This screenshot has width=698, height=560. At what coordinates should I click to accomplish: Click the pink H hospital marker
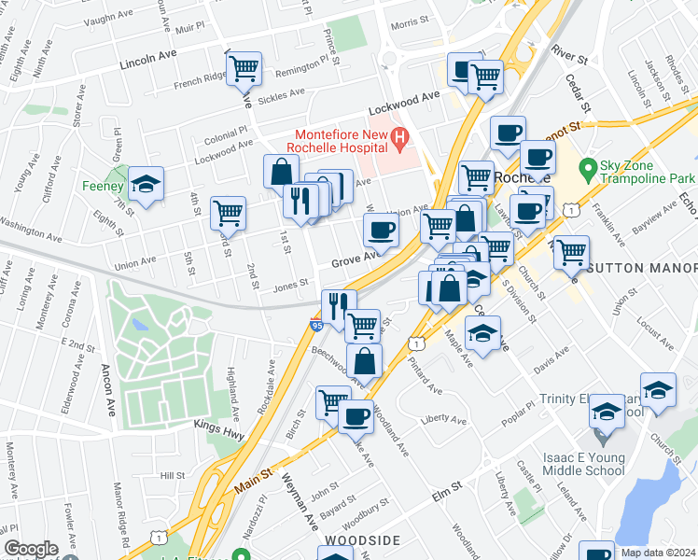tap(399, 141)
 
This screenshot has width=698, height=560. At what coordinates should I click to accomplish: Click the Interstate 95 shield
tap(317, 324)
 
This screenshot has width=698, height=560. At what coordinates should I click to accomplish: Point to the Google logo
tap(31, 549)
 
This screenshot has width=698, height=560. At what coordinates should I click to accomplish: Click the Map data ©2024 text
tap(657, 552)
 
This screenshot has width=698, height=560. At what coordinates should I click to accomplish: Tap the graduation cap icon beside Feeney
tap(147, 186)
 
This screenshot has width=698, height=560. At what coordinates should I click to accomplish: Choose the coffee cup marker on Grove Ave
tap(381, 230)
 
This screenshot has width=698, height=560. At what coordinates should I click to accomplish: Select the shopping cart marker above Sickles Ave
tap(244, 68)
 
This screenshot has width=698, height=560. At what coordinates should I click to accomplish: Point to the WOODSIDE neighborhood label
tap(362, 540)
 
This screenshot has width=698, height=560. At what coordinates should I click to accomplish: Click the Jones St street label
tap(290, 287)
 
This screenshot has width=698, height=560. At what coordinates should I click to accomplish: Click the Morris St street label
tap(409, 21)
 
